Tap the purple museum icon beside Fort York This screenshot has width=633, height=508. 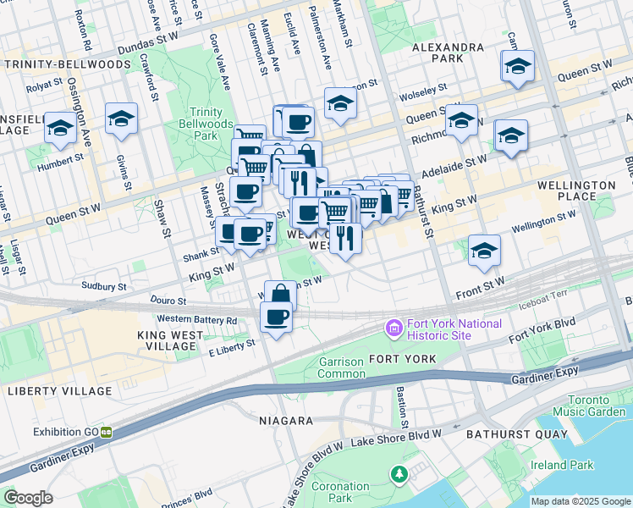[394, 326]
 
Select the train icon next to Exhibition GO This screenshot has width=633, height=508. [107, 431]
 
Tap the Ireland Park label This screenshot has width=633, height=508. [561, 465]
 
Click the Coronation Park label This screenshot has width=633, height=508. [340, 493]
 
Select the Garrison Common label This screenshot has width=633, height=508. [331, 367]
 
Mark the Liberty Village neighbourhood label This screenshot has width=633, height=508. [47, 390]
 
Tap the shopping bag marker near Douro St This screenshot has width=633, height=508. [280, 295]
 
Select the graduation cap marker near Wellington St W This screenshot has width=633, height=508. [484, 250]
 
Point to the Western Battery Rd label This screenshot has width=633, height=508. [197, 320]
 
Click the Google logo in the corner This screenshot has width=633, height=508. [29, 498]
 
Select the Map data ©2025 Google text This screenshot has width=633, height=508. [580, 501]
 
